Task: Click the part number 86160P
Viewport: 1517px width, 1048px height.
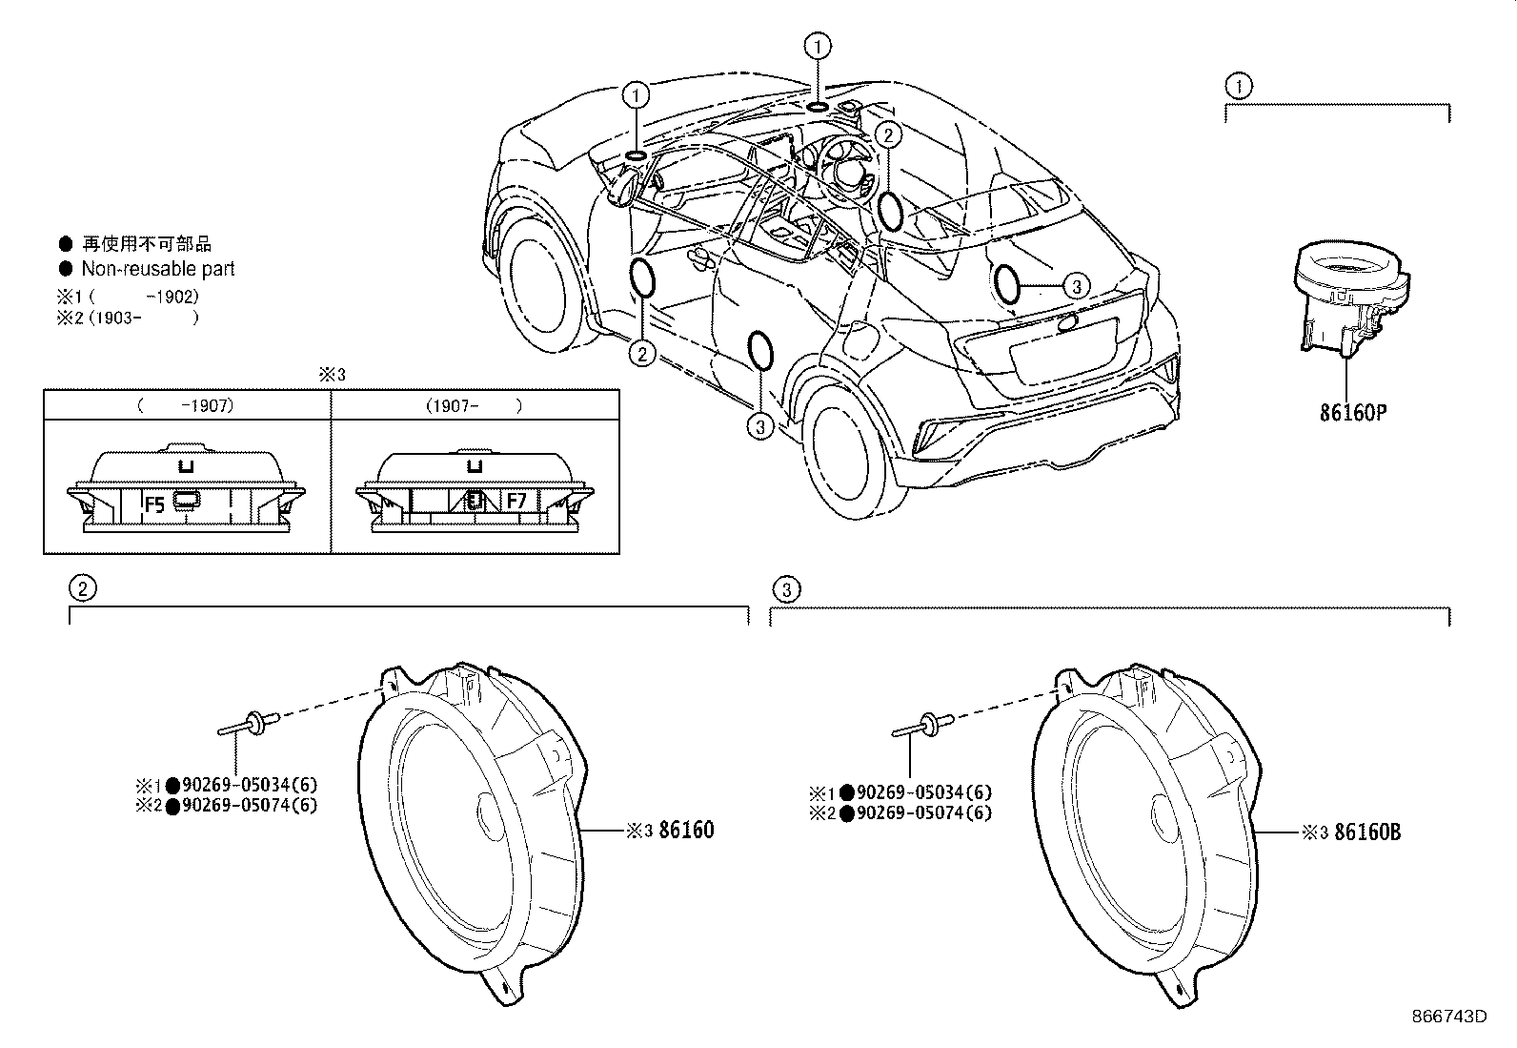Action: pos(1352,412)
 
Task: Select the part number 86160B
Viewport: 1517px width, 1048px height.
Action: pos(1367,832)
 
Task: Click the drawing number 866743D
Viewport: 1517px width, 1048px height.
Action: pos(1449,1017)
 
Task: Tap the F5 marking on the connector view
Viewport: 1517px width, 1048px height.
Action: pos(154,504)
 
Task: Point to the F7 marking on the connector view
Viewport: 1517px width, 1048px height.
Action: pos(516,501)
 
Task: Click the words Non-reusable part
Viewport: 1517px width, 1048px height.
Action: pos(158,269)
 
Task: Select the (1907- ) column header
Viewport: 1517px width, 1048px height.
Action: pos(475,406)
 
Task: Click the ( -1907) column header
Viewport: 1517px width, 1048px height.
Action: pos(186,406)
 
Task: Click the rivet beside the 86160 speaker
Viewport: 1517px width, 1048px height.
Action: pos(249,723)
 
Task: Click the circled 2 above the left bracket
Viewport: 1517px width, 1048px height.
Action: pos(83,587)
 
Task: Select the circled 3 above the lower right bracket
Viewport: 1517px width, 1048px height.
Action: pos(786,589)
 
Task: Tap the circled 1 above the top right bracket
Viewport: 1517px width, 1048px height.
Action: pos(1240,86)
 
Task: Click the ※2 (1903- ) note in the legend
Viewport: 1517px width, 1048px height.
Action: pos(128,318)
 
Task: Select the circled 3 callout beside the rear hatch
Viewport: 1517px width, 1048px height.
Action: pos(1077,286)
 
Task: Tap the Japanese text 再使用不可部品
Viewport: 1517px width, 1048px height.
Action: pos(147,244)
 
